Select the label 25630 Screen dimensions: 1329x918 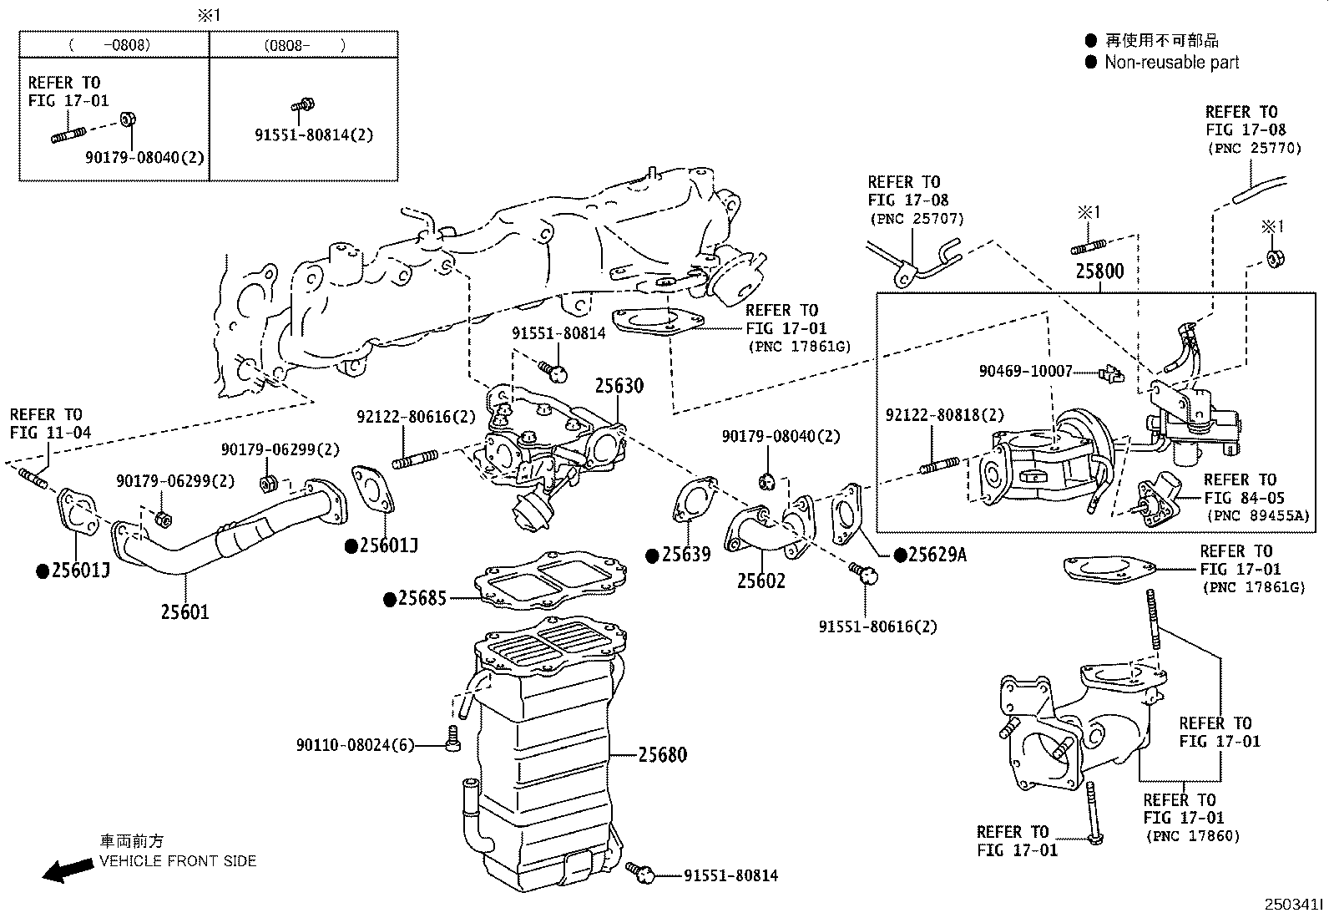pos(619,386)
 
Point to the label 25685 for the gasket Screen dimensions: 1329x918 pos(422,599)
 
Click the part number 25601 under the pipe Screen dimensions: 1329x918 pos(184,612)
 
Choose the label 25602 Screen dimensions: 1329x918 pos(761,581)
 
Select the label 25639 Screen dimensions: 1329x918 pos(685,555)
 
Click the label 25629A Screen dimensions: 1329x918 pos(937,555)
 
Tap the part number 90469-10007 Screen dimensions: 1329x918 pos(1025,370)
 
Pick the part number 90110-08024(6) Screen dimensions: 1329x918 pos(355,745)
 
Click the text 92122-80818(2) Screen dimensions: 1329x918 pos(944,415)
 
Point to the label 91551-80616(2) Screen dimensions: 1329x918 pos(877,626)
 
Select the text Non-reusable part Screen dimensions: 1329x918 pos(1171,63)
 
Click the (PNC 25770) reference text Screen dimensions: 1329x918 pos(1253,148)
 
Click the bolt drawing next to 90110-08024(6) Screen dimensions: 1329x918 pos(453,738)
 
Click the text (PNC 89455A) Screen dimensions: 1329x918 pos(1258,515)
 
